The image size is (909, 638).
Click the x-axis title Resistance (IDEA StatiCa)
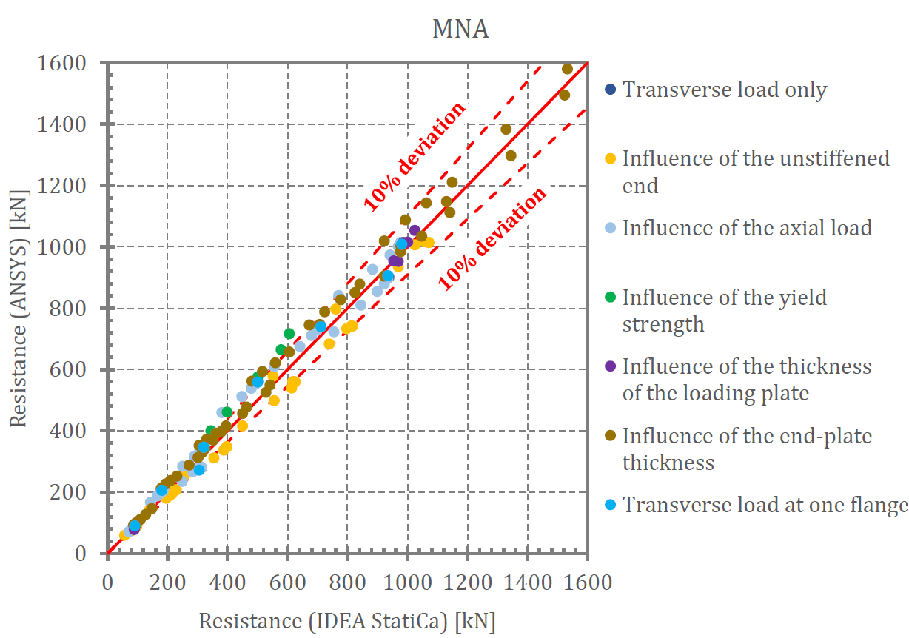[x=346, y=620]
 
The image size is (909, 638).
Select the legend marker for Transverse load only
[x=610, y=90]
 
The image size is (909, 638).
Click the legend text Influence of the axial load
[x=747, y=227]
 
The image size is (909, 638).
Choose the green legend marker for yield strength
[x=610, y=298]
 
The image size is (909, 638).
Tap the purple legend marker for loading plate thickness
[x=610, y=366]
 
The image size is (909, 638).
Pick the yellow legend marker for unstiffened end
[x=610, y=158]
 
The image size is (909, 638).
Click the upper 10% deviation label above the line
[x=415, y=156]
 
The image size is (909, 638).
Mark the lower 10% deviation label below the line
[x=492, y=238]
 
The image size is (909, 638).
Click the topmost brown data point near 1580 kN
[x=567, y=69]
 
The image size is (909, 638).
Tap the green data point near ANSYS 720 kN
[x=289, y=334]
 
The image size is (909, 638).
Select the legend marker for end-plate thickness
[x=610, y=436]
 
